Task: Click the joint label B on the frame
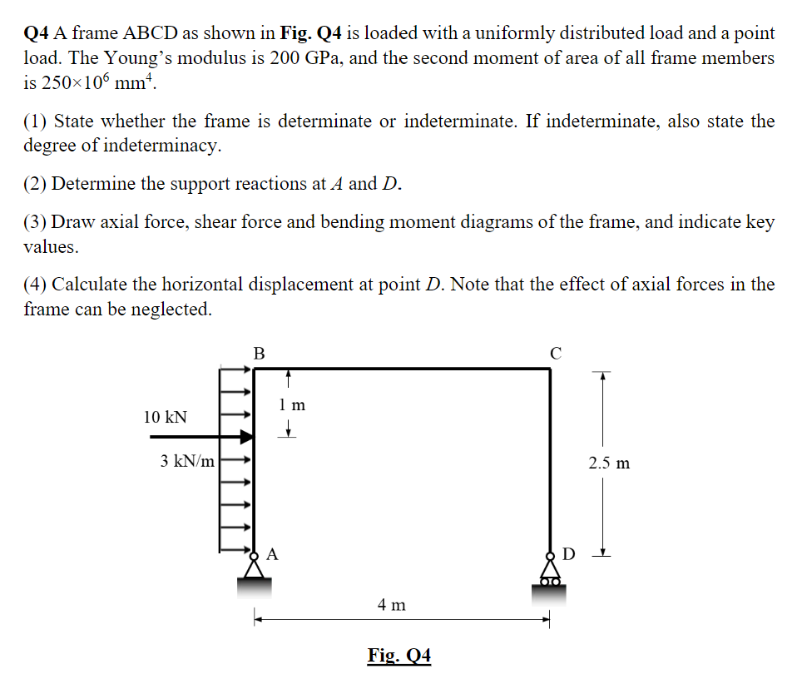[259, 353]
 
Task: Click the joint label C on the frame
[556, 353]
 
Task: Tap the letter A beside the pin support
[273, 553]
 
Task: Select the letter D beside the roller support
[568, 554]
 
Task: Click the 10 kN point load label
[166, 416]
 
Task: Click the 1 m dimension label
[292, 405]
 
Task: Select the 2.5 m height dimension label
[609, 463]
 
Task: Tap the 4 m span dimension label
[391, 605]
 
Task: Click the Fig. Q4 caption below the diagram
[399, 656]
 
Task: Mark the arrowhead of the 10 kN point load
[246, 436]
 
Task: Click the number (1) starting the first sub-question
[35, 121]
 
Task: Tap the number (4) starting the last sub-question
[35, 285]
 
